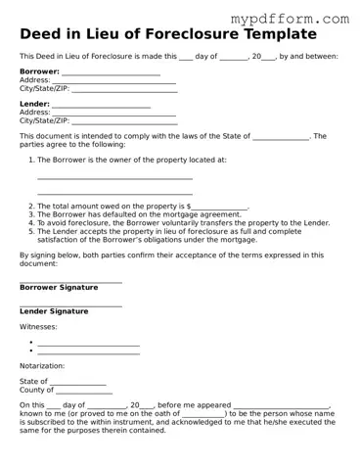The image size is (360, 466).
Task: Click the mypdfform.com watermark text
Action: point(303,19)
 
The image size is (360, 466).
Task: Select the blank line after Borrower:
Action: point(111,72)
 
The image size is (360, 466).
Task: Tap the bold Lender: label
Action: point(34,104)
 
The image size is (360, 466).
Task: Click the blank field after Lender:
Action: point(101,105)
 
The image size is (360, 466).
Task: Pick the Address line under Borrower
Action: point(113,81)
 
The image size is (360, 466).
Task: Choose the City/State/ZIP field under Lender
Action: point(125,121)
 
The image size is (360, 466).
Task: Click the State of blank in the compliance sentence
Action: point(281,137)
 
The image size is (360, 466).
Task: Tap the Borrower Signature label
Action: point(59,288)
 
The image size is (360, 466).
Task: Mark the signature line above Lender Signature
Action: point(70,304)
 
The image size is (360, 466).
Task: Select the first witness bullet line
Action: point(88,344)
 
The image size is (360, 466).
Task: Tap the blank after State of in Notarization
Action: point(77,382)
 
